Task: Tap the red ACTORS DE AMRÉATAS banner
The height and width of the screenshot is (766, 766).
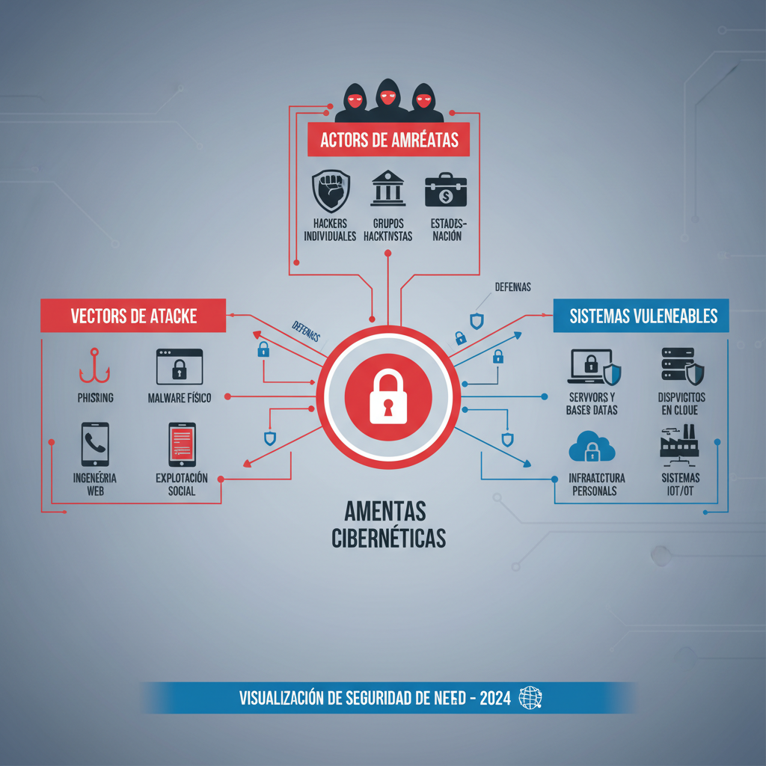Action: [x=388, y=140]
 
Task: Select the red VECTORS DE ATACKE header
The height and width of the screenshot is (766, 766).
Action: [x=133, y=316]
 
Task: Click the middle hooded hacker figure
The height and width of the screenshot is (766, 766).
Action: [x=386, y=99]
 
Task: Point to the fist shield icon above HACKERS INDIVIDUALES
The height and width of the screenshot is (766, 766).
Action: [x=330, y=191]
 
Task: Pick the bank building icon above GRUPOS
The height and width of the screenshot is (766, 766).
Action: [x=388, y=191]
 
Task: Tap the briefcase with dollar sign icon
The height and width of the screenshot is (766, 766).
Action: [x=445, y=191]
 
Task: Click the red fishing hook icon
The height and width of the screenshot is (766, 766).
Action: [x=94, y=366]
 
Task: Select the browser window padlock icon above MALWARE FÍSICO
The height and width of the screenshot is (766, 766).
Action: [x=180, y=367]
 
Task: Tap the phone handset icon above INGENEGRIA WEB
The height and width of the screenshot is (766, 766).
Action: [x=95, y=444]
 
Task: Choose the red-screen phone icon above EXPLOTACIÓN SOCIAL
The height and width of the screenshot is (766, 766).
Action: [x=182, y=444]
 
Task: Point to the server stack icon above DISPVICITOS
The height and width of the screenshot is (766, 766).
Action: [x=681, y=366]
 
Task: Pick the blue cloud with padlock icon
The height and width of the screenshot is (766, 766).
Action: [x=592, y=447]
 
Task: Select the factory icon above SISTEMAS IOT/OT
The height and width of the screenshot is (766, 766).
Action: [x=678, y=441]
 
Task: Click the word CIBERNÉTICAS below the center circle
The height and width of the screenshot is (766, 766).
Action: [x=388, y=538]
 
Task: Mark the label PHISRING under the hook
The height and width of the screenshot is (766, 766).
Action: [x=95, y=398]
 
